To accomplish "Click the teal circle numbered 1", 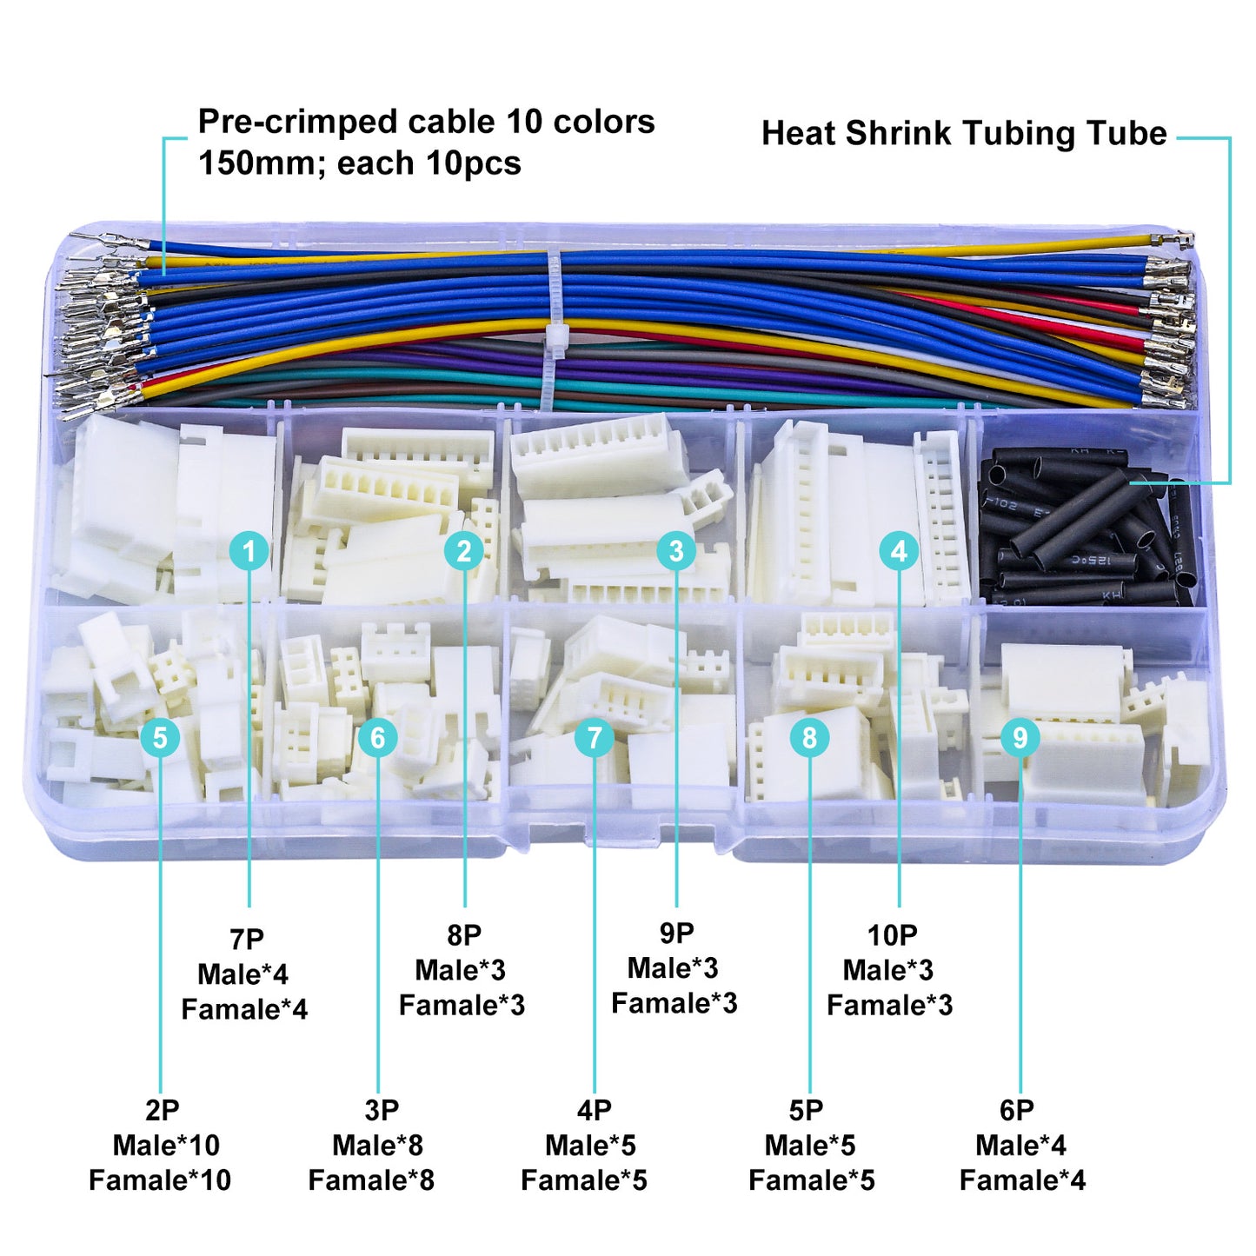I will coord(249,551).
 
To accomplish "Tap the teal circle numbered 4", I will coord(899,551).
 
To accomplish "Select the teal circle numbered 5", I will coord(160,738).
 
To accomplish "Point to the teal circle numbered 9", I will coord(1020,738).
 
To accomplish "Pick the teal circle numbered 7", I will coord(595,738).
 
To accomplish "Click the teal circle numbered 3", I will coord(676,551).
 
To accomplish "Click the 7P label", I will coord(247,940).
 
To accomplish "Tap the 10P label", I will coord(892,935).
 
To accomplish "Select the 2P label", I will coord(163,1110).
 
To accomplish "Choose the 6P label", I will coord(1017,1110).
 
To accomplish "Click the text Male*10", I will coord(166,1145).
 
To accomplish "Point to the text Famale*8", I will coord(371,1180).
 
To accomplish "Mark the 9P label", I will coord(676,933).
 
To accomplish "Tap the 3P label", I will coord(382,1110).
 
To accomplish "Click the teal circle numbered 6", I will coord(378,738).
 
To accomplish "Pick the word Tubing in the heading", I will coord(1013,134).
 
